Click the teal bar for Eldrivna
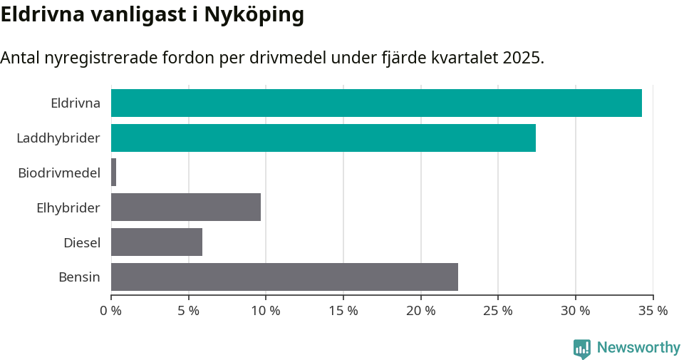tap(376, 103)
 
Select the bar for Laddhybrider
tap(323, 138)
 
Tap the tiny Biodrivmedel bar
tap(114, 173)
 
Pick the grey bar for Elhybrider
tap(186, 207)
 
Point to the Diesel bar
tap(157, 242)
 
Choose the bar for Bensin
tap(284, 277)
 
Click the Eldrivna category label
tap(76, 103)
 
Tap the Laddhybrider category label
tap(58, 138)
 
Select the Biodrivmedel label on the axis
tap(59, 173)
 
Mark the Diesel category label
tap(82, 242)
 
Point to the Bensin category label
tap(79, 277)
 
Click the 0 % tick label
tap(111, 311)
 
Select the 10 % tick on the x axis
tap(266, 311)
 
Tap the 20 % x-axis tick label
tap(420, 311)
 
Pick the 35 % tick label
tap(653, 311)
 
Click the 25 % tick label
tap(498, 311)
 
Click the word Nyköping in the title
tap(254, 15)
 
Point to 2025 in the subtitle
tap(522, 58)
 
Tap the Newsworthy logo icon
tap(582, 348)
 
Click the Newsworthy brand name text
tap(638, 348)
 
